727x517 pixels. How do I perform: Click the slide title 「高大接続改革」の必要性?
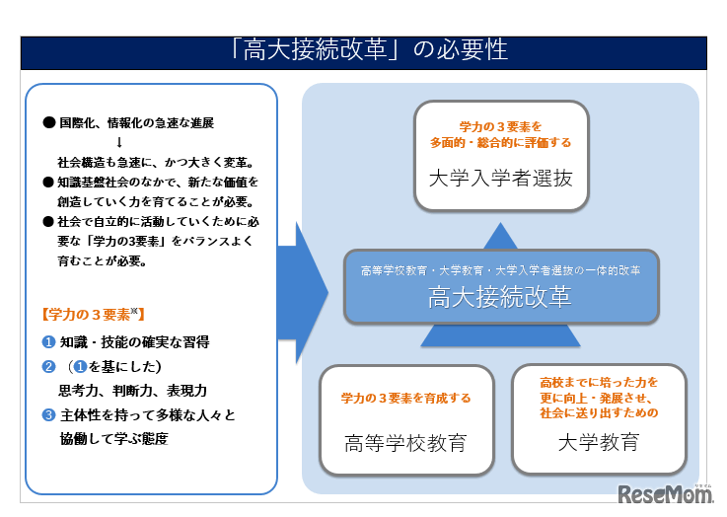[x=363, y=49]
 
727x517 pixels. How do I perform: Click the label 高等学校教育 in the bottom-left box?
[x=405, y=441]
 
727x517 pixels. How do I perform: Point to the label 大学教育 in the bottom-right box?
[x=598, y=441]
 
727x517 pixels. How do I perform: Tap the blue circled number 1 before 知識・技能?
[x=47, y=341]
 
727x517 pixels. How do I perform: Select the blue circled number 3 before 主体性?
[x=47, y=415]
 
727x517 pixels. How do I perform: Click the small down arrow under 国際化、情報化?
[x=119, y=141]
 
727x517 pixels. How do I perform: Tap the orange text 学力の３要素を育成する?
[x=405, y=399]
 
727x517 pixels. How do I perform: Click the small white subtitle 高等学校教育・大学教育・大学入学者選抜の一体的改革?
[x=500, y=269]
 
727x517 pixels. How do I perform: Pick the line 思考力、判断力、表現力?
[x=132, y=390]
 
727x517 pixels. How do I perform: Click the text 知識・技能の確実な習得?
[x=134, y=341]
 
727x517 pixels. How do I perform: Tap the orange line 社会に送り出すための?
[x=599, y=413]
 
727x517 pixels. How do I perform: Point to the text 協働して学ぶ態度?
[x=113, y=439]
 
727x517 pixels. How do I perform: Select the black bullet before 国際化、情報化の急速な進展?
[x=47, y=123]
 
